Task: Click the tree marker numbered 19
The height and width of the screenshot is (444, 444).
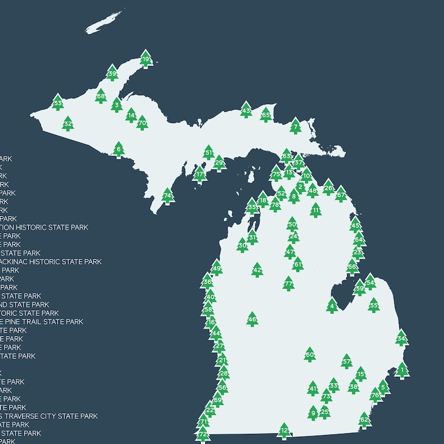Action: (x=146, y=59)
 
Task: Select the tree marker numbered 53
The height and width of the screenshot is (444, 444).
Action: (x=58, y=102)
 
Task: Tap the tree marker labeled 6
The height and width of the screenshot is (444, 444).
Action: (x=118, y=149)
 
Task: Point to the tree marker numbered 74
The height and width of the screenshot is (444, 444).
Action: (x=168, y=196)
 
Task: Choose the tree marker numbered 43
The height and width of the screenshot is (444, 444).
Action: (x=246, y=110)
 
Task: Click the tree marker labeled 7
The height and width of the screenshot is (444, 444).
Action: (x=295, y=126)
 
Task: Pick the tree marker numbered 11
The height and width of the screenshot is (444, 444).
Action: (x=316, y=210)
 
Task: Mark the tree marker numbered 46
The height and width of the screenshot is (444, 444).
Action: (x=252, y=319)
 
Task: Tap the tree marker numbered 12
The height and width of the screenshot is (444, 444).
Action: (x=284, y=431)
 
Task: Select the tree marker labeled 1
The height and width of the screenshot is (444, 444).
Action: (x=402, y=370)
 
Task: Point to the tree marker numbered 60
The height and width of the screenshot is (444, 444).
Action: (x=309, y=354)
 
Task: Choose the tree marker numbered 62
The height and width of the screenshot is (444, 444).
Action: (x=364, y=419)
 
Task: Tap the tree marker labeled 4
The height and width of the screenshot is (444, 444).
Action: (x=332, y=305)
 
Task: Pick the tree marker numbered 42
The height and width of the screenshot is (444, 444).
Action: (x=257, y=270)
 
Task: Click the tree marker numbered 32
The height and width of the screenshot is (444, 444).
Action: (x=68, y=124)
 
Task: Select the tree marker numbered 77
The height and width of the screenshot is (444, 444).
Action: (x=289, y=284)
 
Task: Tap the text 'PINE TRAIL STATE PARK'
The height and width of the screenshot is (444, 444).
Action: (x=45, y=322)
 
